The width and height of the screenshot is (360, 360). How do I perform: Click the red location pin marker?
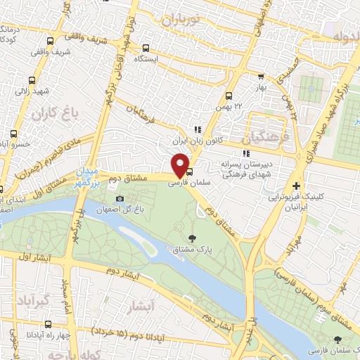pos(181,165)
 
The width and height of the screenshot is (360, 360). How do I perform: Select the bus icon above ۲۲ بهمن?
pos(229,96)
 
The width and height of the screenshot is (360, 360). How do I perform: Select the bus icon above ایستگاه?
pos(146,49)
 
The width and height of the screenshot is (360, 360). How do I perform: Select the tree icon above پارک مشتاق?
pos(193,236)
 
